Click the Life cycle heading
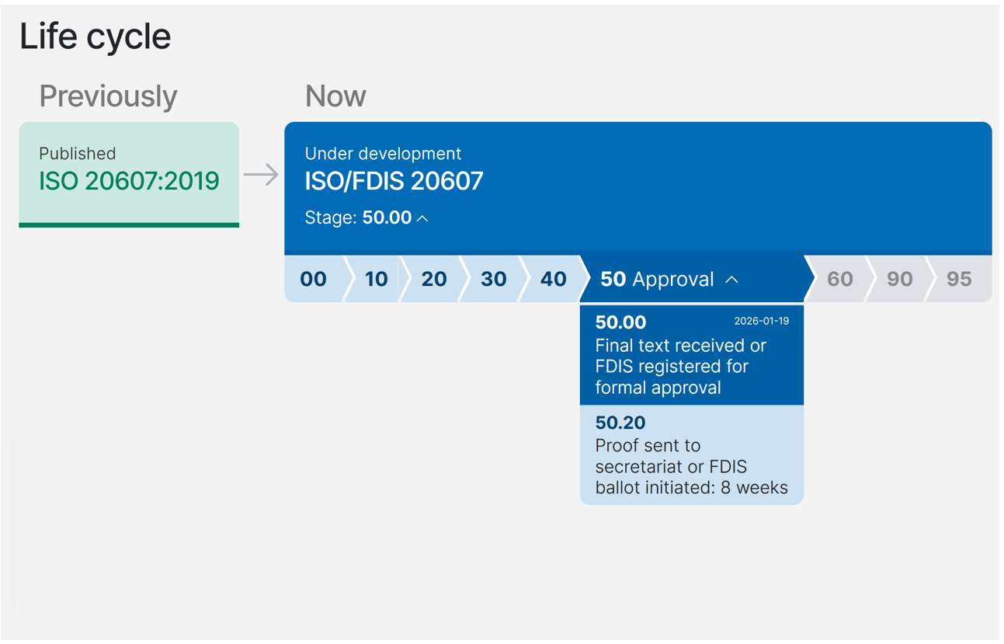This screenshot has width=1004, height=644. click(95, 37)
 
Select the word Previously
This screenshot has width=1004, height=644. click(108, 96)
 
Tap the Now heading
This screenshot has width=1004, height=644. click(335, 96)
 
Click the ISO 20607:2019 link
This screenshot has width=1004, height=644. click(129, 181)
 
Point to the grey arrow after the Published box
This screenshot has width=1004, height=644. click(261, 174)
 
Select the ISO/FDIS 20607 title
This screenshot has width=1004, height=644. click(394, 181)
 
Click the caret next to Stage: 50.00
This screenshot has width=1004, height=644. click(422, 218)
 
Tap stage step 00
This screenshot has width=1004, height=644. click(313, 279)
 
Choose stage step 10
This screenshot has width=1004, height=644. click(376, 279)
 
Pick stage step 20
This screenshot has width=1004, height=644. click(433, 279)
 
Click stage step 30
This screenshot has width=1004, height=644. click(493, 279)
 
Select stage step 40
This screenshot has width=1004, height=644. click(553, 279)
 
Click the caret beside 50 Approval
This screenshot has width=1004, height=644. click(731, 280)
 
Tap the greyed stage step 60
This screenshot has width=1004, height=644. click(839, 279)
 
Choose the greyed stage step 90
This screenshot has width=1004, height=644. click(899, 279)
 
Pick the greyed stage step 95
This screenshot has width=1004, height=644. click(959, 279)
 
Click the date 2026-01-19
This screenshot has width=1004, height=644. click(761, 321)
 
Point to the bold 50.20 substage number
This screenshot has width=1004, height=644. click(620, 423)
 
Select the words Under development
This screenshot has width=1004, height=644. click(383, 154)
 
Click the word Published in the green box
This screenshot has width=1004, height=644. click(77, 154)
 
